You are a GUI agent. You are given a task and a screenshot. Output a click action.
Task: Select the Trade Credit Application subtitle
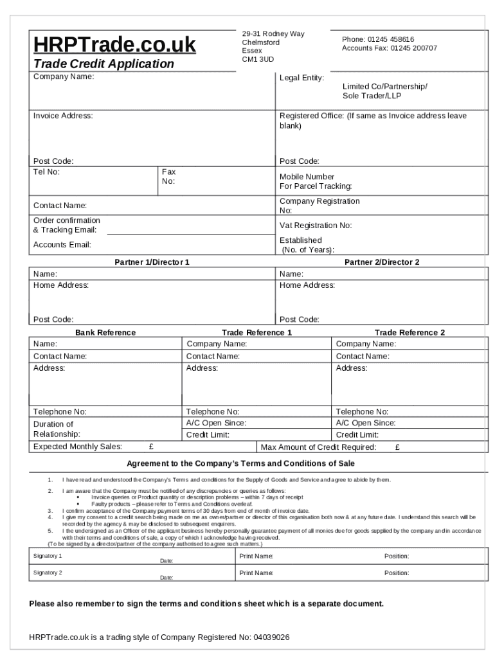104,64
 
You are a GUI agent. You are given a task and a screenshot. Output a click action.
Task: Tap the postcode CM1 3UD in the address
257,59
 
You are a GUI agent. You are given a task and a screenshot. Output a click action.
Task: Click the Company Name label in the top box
64,76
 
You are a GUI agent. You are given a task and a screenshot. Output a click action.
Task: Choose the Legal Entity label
301,78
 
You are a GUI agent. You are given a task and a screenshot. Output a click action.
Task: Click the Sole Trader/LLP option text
372,95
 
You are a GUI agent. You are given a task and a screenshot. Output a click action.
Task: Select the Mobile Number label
307,177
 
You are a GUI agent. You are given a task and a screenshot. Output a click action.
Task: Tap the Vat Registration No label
316,226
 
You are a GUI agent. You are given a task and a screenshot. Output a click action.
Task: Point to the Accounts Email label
62,245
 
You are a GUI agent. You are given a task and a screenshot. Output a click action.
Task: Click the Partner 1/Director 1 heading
152,262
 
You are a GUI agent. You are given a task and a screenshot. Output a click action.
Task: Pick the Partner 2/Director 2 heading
382,262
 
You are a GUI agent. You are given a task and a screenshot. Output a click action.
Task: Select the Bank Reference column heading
105,332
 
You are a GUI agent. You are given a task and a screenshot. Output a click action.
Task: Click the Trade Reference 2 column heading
410,332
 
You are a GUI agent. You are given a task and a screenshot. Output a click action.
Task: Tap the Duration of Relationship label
57,429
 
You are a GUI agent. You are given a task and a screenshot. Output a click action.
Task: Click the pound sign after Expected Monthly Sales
151,447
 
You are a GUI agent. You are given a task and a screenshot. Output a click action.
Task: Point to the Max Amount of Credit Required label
318,447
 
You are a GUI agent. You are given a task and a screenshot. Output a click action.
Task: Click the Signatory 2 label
48,572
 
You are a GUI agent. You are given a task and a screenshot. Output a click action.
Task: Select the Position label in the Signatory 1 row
397,556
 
